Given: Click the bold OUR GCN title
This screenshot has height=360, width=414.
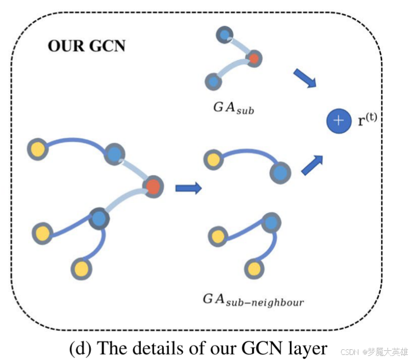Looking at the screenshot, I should pyautogui.click(x=87, y=45).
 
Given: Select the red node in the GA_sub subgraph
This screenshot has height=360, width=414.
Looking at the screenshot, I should pyautogui.click(x=253, y=59).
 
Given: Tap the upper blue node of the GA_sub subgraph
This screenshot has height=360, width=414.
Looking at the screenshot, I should pyautogui.click(x=225, y=35).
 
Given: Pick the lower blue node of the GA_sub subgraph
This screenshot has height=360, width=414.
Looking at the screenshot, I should pyautogui.click(x=213, y=81).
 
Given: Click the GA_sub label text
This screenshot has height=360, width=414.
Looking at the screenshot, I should pyautogui.click(x=232, y=108).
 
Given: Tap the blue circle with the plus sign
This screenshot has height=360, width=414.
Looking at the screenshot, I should pyautogui.click(x=338, y=121).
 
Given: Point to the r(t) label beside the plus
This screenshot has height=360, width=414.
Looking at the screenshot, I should pyautogui.click(x=368, y=120).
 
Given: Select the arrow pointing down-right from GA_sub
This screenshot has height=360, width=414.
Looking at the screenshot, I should pyautogui.click(x=305, y=78).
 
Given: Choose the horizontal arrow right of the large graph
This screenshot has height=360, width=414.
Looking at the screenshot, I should pyautogui.click(x=188, y=188).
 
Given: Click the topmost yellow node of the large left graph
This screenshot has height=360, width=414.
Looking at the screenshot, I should pyautogui.click(x=37, y=149).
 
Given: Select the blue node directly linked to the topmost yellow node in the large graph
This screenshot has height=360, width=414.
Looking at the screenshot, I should pyautogui.click(x=115, y=154).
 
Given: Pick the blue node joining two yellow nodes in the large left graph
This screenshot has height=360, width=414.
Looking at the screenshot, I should pyautogui.click(x=99, y=218).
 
